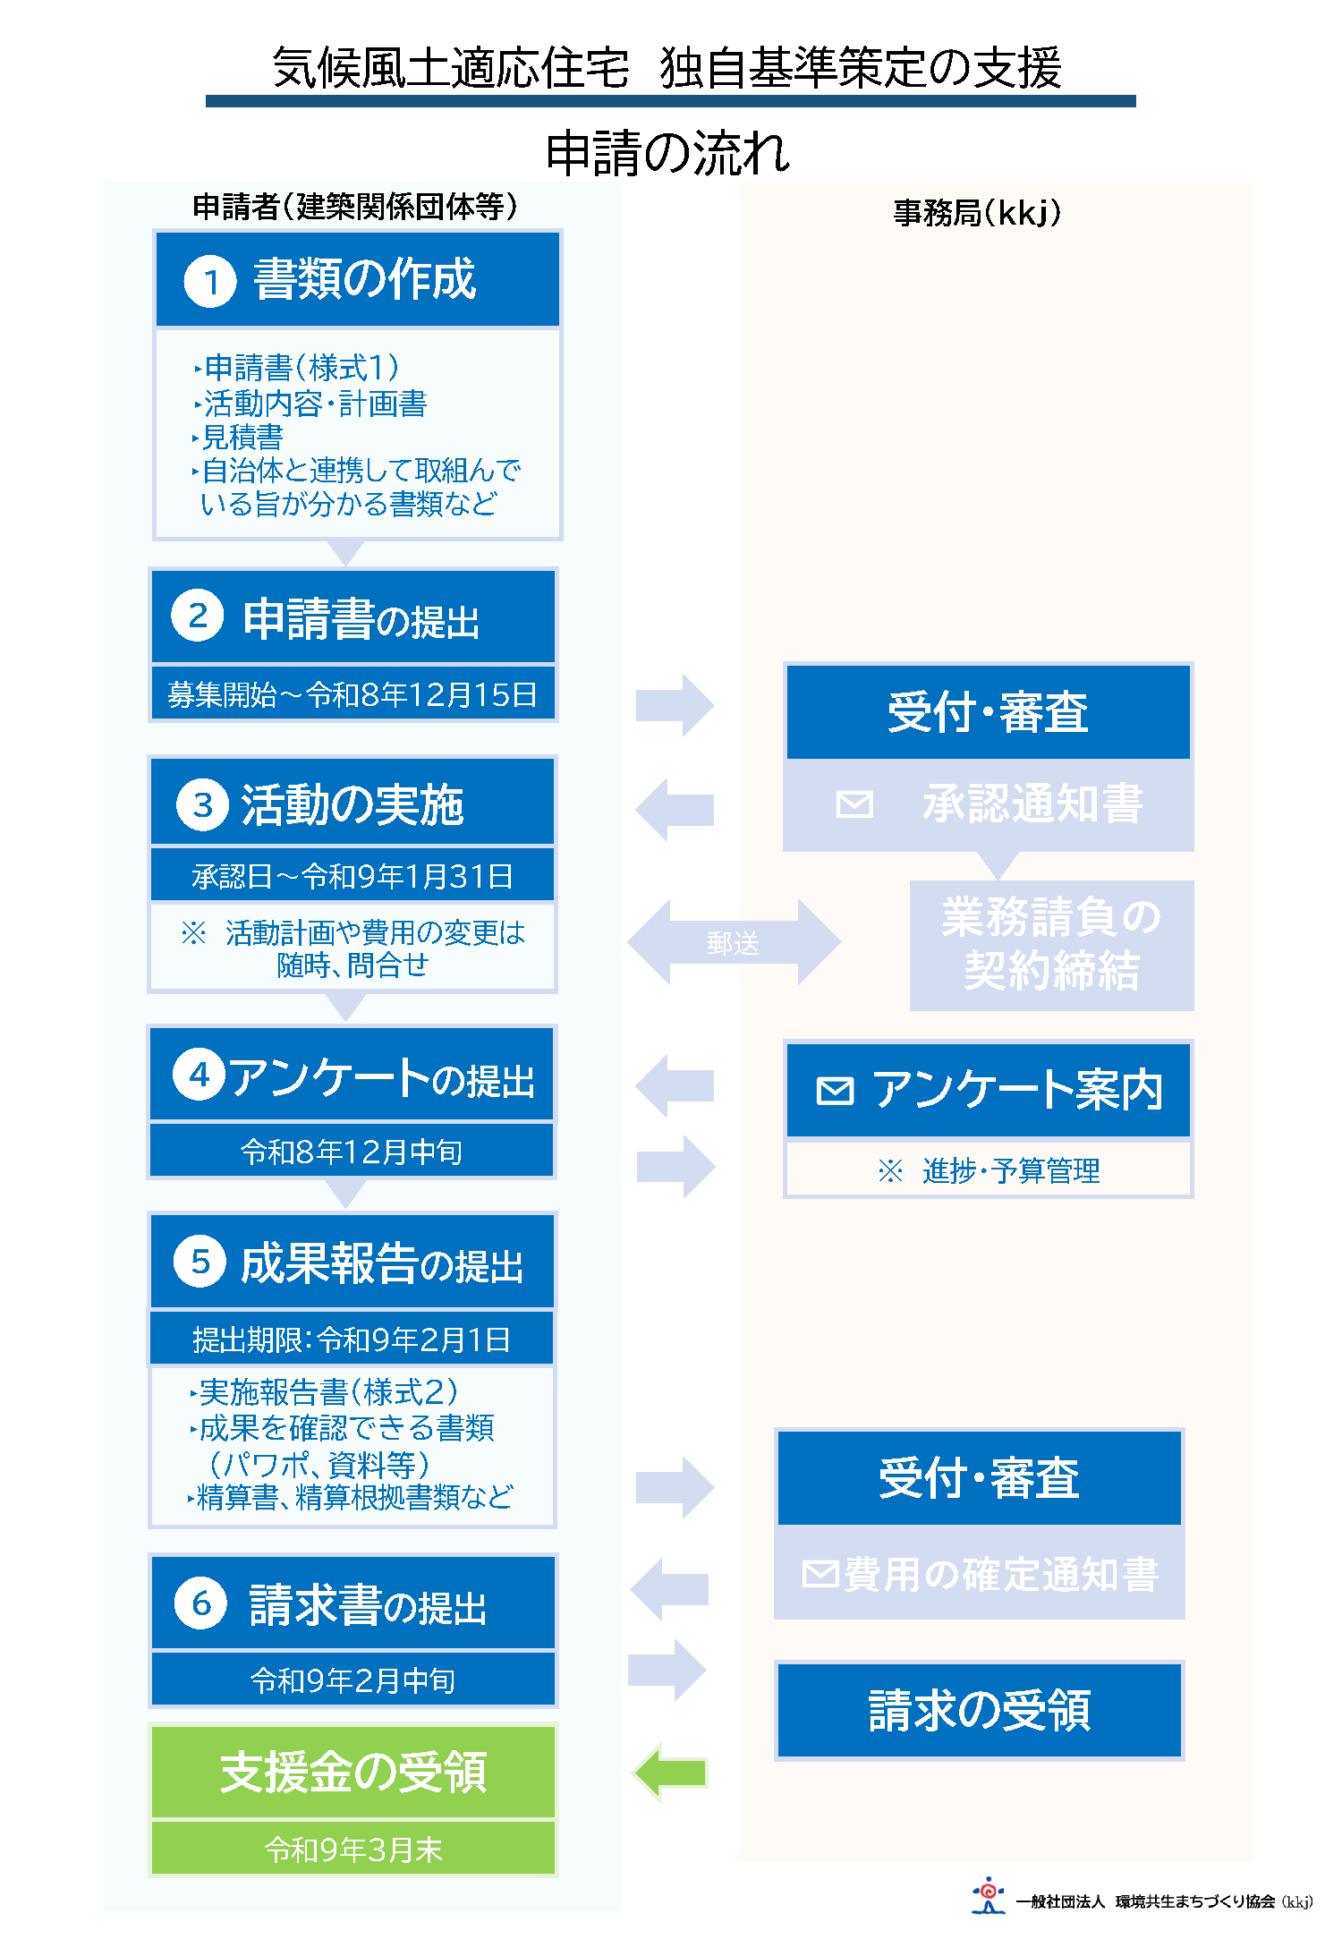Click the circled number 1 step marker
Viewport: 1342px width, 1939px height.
(x=210, y=282)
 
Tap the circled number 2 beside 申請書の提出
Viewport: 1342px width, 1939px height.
(x=198, y=616)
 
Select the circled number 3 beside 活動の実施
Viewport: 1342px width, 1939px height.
(x=203, y=805)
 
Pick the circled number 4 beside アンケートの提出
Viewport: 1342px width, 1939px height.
(x=199, y=1074)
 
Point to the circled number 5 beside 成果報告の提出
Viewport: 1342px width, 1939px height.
(x=200, y=1262)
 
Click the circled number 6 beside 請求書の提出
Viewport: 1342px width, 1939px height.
(x=201, y=1603)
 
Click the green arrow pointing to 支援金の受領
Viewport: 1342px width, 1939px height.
(x=671, y=1772)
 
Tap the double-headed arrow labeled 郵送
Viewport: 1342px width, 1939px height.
(x=734, y=942)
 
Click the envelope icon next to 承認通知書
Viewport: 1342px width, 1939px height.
(x=854, y=804)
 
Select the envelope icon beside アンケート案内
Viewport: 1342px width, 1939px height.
(x=835, y=1091)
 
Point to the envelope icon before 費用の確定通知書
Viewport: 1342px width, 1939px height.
(x=820, y=1573)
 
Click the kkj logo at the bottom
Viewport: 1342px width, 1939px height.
(x=988, y=1894)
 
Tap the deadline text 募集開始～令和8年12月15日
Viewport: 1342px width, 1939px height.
(x=352, y=694)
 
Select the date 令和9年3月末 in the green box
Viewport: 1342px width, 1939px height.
(x=353, y=1850)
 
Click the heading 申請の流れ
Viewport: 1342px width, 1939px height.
(x=668, y=152)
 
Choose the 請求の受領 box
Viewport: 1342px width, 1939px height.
(x=979, y=1711)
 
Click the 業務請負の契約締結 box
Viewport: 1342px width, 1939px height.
(x=1051, y=945)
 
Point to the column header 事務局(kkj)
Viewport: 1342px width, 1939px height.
(x=977, y=213)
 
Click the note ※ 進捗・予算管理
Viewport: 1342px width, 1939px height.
(x=989, y=1170)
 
